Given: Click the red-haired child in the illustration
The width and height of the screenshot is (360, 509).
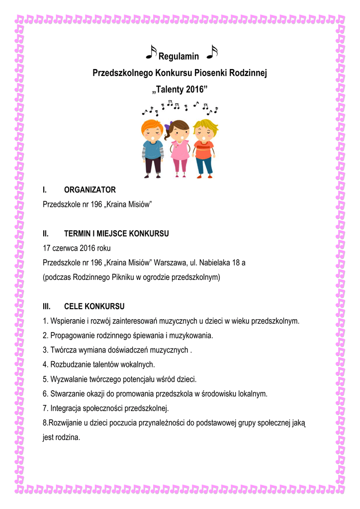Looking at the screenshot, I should click(x=152, y=147).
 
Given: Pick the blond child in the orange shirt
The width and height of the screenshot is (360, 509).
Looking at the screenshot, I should click(x=204, y=147).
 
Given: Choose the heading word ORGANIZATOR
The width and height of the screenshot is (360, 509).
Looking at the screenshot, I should click(x=90, y=189).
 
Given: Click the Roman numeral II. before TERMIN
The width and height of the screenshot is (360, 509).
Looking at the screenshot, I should click(x=46, y=233).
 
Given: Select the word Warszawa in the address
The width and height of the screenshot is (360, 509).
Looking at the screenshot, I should click(x=172, y=262).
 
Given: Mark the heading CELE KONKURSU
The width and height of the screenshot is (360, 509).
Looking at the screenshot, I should click(x=94, y=306).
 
